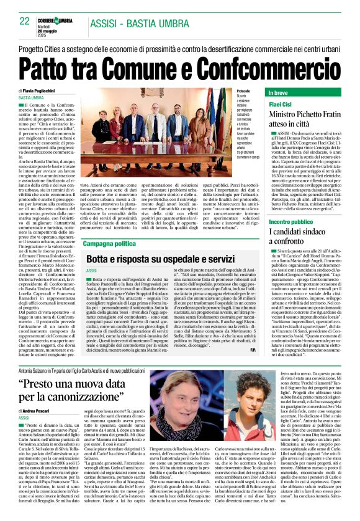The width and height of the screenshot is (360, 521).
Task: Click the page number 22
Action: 25,21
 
